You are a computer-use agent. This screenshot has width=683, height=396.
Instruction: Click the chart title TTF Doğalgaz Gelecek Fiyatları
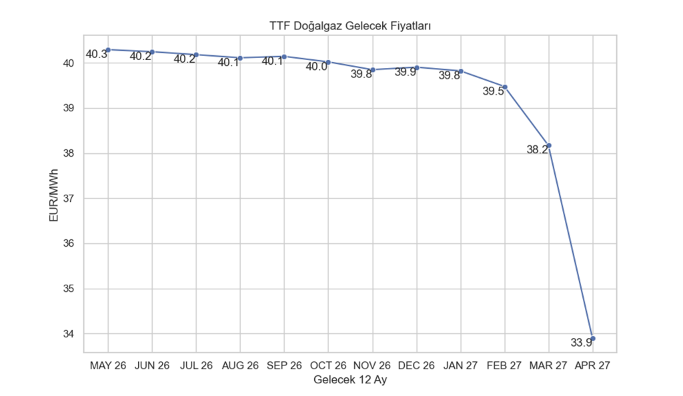[350, 25]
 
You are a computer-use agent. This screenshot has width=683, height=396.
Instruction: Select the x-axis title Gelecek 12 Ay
[350, 380]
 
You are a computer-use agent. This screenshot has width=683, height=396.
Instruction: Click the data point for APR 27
[593, 339]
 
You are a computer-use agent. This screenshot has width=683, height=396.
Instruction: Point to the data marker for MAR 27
[549, 145]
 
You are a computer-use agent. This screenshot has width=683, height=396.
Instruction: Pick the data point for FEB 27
[505, 87]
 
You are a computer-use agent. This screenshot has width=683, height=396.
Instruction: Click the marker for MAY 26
[108, 49]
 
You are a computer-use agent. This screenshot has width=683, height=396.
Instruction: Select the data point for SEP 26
[284, 57]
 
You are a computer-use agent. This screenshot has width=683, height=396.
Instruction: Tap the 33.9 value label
[582, 343]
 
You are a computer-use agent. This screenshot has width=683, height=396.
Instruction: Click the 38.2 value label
[538, 150]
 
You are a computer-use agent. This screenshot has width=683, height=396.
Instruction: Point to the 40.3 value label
[97, 55]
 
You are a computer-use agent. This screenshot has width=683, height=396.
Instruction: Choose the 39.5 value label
[494, 92]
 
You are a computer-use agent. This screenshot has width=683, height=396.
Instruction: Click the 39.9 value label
[406, 72]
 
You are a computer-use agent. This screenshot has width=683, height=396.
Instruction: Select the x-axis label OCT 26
[328, 366]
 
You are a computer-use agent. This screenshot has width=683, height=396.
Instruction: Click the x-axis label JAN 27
[461, 366]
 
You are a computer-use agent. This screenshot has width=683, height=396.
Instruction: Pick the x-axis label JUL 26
[196, 366]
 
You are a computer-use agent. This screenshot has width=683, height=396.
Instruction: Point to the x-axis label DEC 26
[417, 366]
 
